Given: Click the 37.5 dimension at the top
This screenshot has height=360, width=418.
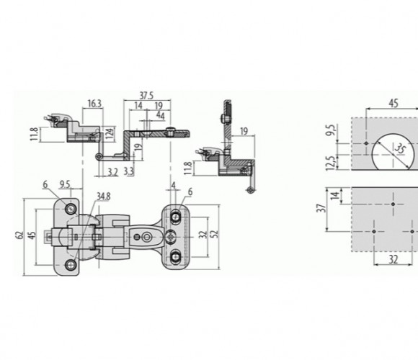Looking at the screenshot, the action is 146,96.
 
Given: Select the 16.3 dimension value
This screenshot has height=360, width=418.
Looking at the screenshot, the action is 94,104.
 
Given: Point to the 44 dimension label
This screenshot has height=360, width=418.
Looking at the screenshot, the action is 160,116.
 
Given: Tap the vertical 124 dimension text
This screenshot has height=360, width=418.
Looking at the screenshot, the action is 110,132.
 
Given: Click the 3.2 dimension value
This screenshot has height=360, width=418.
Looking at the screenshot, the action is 112,172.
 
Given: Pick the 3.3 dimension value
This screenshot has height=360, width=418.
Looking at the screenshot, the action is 129,171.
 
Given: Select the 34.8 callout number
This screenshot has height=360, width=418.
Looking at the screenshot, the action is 104,197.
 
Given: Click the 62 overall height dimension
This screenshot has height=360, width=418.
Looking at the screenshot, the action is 19,235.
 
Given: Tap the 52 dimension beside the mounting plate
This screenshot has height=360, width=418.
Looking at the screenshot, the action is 215,234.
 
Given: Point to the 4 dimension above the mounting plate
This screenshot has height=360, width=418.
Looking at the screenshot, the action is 174,185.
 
